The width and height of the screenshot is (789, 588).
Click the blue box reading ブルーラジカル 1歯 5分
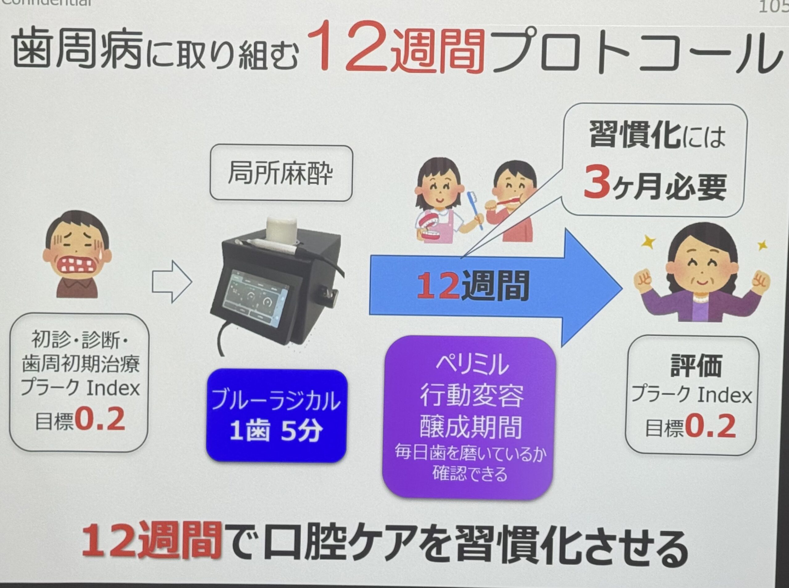(276, 416)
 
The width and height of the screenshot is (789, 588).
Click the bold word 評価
(696, 366)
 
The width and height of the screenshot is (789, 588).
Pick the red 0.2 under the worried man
(100, 419)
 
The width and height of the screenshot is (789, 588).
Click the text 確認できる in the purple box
(470, 474)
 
